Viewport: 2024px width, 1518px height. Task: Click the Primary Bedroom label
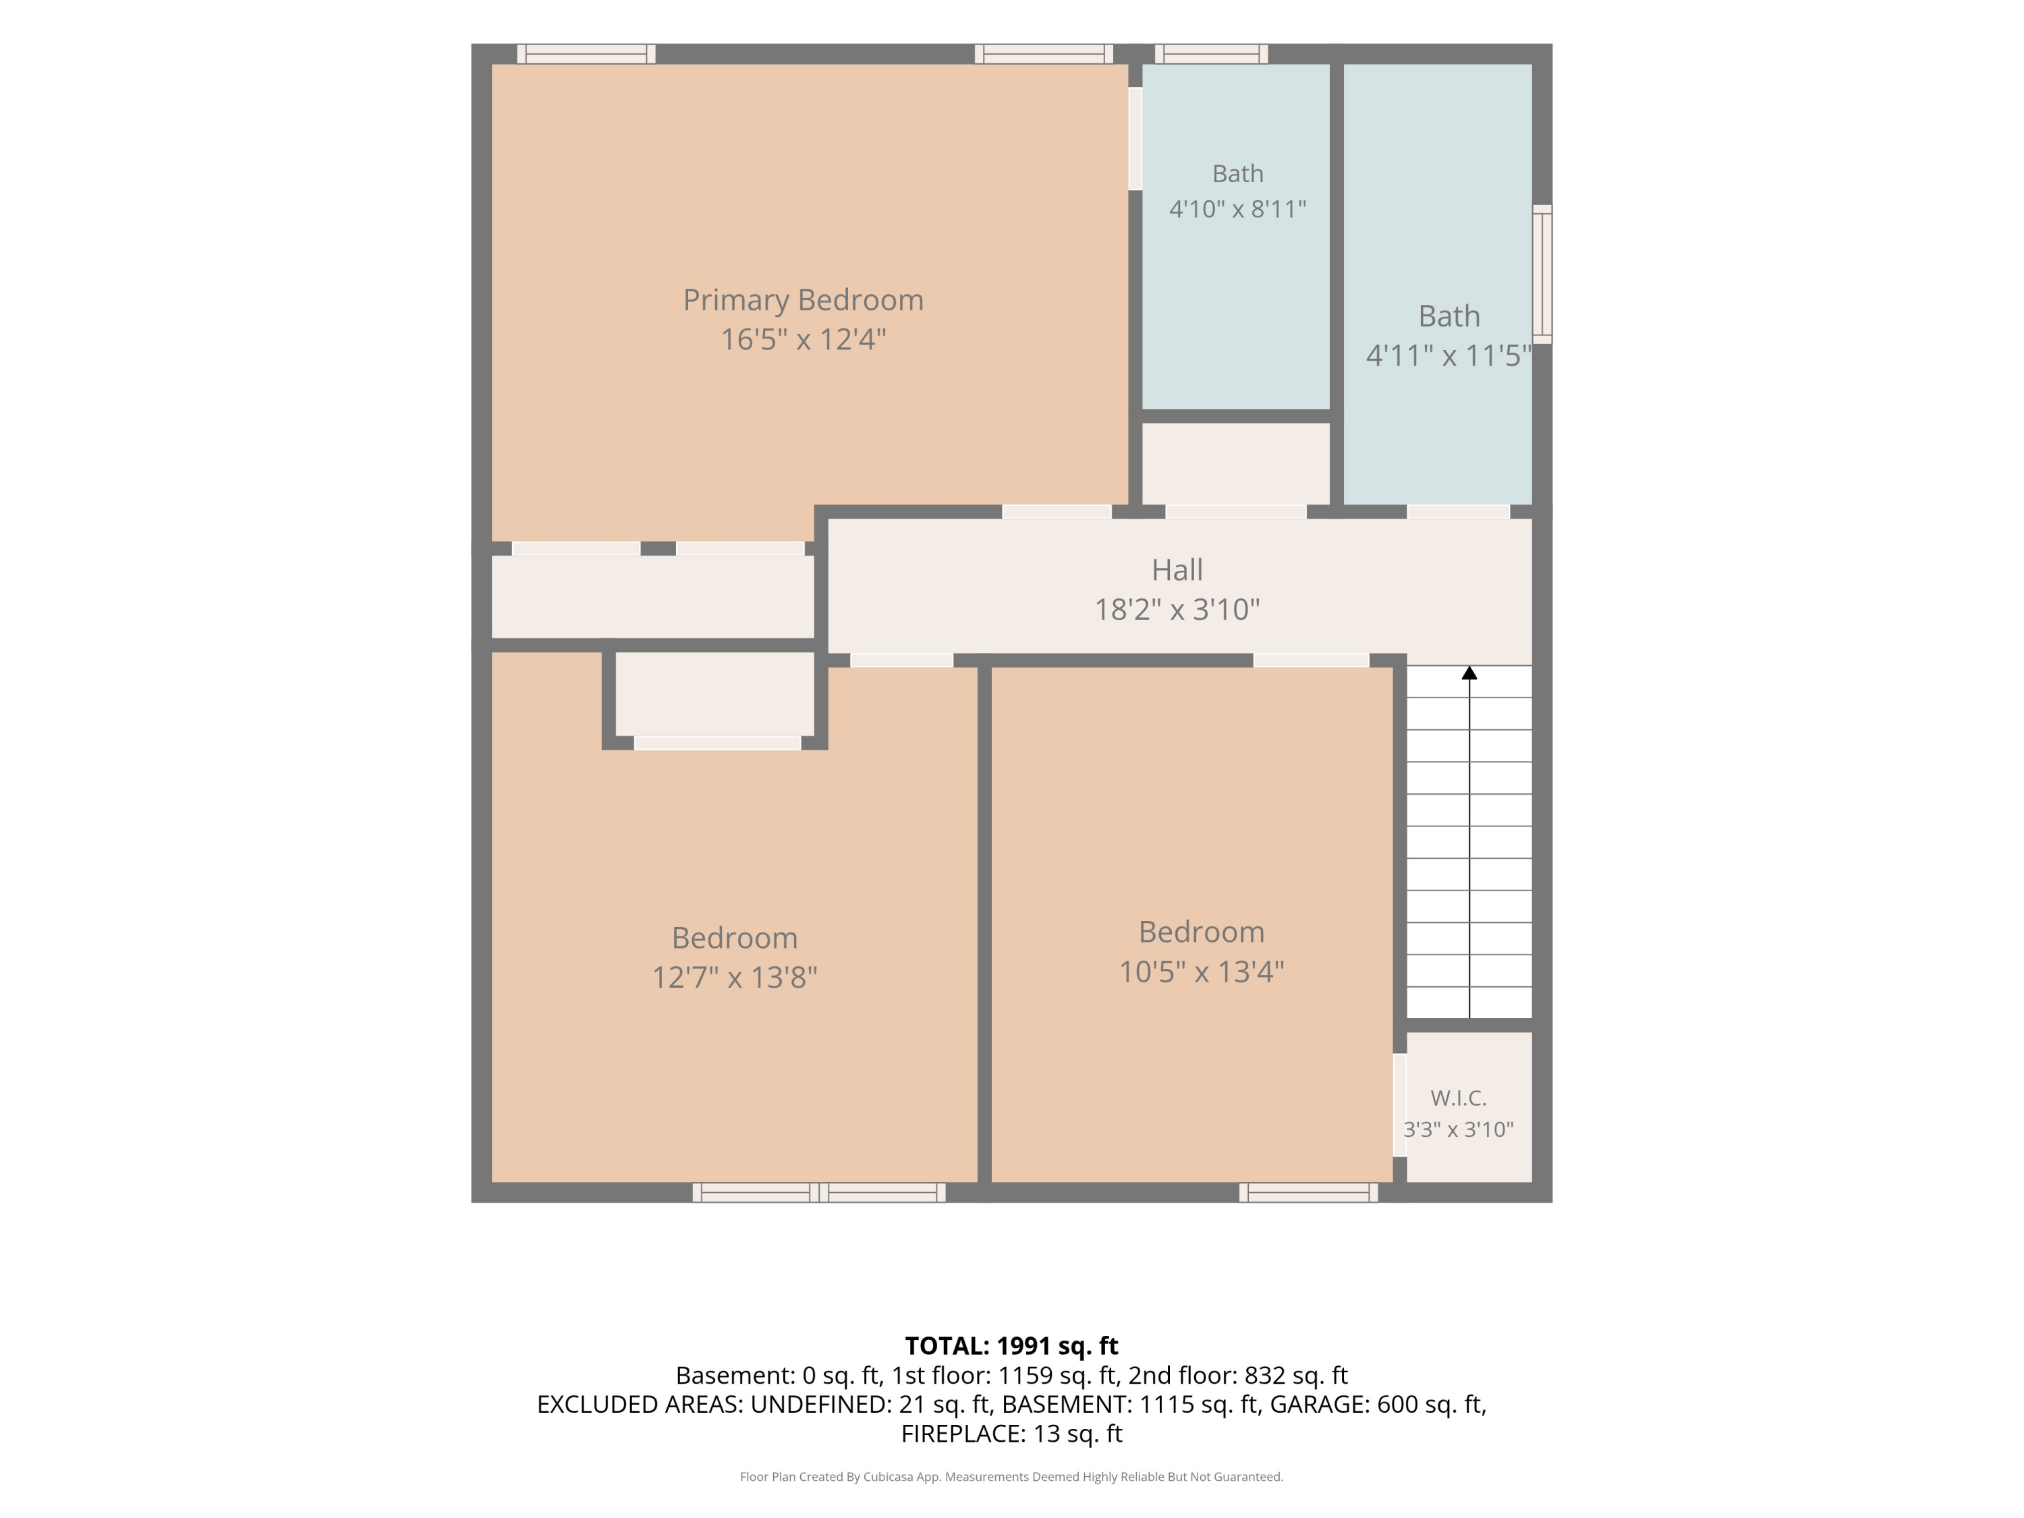click(804, 300)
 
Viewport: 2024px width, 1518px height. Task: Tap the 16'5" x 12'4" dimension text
click(804, 339)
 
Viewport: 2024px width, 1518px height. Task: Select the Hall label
click(1177, 570)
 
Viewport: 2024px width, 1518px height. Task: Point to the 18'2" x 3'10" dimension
click(1177, 609)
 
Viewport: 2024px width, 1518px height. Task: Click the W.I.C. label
click(1459, 1097)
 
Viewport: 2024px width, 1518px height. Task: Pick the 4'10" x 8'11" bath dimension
click(1237, 210)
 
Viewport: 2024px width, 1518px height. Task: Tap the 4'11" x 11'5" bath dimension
click(1449, 355)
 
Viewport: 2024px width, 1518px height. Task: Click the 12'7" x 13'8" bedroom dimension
click(734, 977)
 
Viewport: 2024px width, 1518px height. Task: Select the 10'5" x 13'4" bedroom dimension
click(1202, 971)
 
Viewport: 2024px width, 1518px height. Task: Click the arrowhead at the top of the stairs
click(1469, 673)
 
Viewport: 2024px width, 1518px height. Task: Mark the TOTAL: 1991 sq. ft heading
click(1011, 1345)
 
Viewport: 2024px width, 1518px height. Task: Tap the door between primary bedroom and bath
click(1135, 138)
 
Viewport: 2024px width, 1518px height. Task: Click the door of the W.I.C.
click(1399, 1105)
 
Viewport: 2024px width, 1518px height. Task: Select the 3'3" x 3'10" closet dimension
click(1459, 1129)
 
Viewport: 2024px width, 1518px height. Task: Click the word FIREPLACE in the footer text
click(961, 1433)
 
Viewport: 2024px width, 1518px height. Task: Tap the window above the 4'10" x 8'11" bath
click(1212, 54)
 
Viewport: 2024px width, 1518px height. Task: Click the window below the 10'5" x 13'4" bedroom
click(1308, 1192)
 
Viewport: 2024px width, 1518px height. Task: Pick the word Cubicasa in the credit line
click(889, 1476)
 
